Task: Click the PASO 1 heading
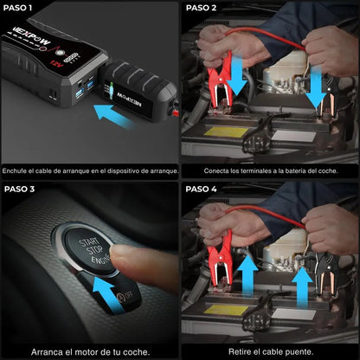pyautogui.click(x=20, y=9)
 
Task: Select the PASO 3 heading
pyautogui.click(x=20, y=189)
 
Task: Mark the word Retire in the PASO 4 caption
pyautogui.click(x=245, y=351)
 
